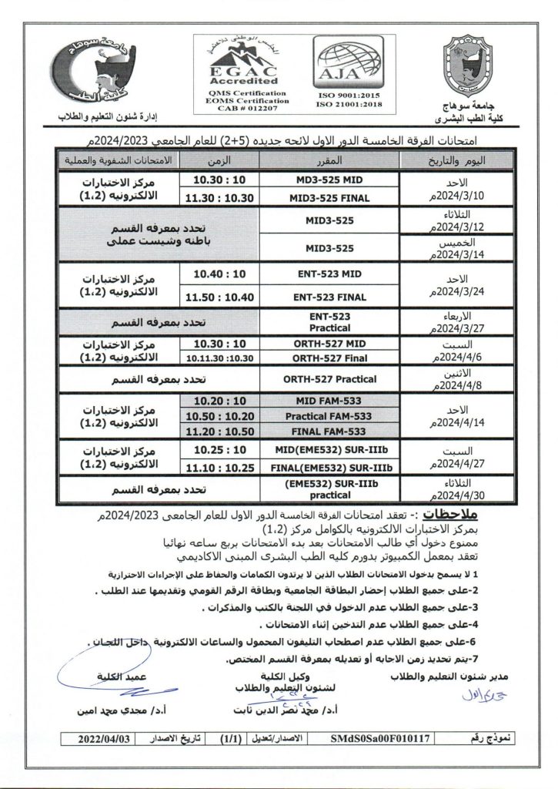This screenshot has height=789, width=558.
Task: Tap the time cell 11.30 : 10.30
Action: point(221,198)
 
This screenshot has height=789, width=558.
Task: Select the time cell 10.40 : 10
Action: point(221,274)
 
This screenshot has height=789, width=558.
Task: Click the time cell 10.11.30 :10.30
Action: point(221,358)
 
